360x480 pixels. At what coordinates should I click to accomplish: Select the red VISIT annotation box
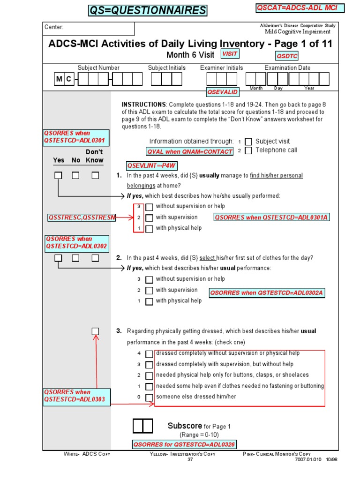pos(230,54)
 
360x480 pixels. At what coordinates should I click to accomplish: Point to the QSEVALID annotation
pos(223,92)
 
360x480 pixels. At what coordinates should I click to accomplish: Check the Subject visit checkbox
pos(248,142)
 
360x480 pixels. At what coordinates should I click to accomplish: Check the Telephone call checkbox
pos(248,150)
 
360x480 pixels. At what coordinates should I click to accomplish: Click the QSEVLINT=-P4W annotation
pos(148,165)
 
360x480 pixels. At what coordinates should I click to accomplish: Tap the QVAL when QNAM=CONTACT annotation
pos(190,151)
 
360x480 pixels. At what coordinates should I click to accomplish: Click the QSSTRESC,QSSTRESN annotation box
pos(82,217)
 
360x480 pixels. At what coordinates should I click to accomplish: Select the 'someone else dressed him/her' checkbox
pos(149,397)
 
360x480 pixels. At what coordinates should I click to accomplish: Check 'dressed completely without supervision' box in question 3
pos(149,354)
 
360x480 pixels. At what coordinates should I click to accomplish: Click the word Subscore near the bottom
pos(185,426)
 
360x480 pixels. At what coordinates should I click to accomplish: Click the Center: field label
pos(54,27)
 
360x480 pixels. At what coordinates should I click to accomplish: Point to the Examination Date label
pos(287,67)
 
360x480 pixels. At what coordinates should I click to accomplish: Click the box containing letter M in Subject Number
pos(59,79)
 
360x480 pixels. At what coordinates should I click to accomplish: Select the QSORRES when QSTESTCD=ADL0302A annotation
pos(267,293)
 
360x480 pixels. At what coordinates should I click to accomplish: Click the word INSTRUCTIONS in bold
pos(143,104)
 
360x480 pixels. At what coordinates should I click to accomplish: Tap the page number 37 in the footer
pos(190,459)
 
